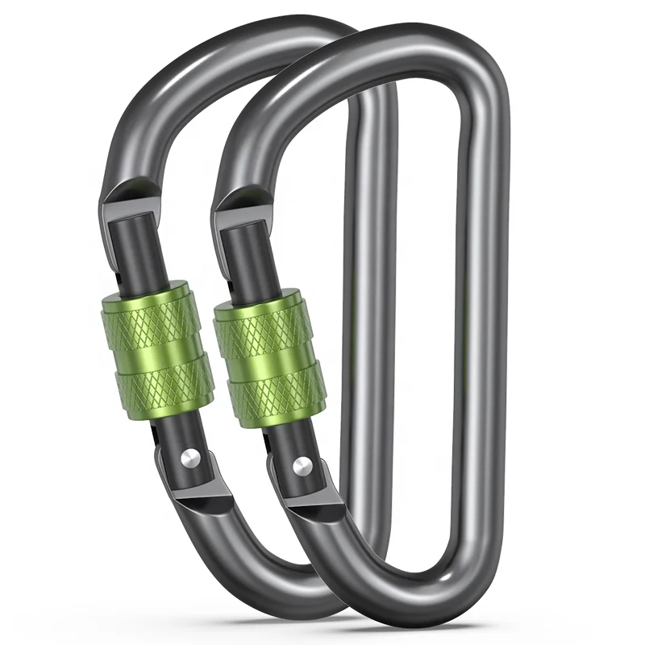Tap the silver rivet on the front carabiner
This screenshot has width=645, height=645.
(301, 465)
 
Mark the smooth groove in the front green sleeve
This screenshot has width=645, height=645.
(270, 361)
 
